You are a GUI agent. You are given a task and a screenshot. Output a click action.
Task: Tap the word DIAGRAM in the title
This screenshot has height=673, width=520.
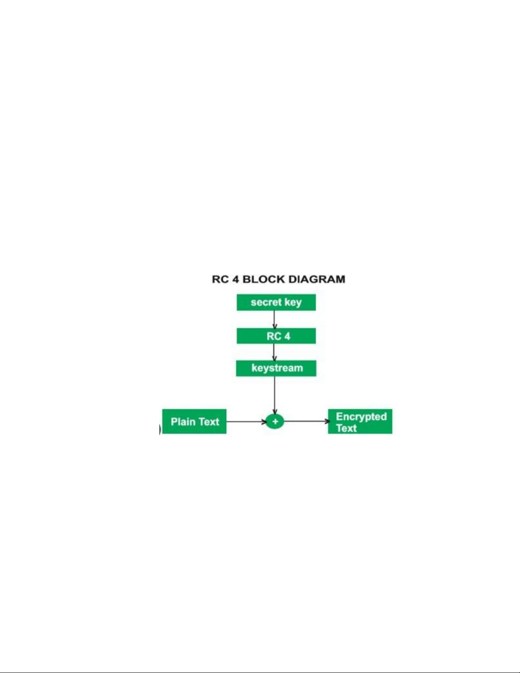(317, 279)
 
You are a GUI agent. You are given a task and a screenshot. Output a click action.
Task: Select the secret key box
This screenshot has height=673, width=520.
(276, 302)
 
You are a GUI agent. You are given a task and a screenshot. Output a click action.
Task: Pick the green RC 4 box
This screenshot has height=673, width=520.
(276, 336)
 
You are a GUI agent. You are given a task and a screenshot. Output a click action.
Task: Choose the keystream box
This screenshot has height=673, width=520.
(276, 368)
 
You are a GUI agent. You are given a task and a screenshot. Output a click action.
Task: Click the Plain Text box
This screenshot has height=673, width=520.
(194, 422)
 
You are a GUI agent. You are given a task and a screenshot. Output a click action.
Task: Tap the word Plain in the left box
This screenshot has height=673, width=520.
(183, 422)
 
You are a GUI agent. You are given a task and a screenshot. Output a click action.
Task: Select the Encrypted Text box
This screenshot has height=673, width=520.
(360, 422)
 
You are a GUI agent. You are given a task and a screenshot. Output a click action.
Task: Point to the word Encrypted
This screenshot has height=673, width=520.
(361, 417)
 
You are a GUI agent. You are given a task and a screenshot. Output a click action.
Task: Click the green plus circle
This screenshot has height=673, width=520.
(275, 421)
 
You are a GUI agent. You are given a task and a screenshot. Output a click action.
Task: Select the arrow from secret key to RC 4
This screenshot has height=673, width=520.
(275, 319)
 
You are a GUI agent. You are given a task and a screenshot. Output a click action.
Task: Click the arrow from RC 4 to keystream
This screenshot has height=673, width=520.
(274, 352)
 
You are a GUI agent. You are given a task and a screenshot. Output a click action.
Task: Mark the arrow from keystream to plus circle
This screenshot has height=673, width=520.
(275, 395)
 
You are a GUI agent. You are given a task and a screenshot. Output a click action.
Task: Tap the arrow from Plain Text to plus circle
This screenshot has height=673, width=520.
(246, 422)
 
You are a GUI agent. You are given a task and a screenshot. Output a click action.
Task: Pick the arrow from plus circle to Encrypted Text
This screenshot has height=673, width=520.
(306, 421)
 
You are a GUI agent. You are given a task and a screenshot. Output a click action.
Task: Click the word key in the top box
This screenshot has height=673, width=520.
(293, 303)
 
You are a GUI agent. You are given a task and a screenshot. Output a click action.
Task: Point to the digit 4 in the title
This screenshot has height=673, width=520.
(236, 279)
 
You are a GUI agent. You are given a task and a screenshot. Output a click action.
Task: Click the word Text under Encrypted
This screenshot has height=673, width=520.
(346, 428)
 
